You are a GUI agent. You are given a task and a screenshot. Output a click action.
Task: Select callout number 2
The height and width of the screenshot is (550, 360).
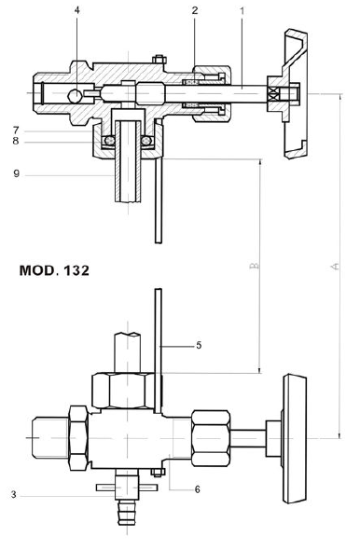[x=194, y=11]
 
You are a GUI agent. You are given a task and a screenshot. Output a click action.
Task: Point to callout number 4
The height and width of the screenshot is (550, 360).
[x=77, y=11]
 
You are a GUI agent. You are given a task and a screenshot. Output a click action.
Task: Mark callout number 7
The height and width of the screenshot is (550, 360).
[x=15, y=130]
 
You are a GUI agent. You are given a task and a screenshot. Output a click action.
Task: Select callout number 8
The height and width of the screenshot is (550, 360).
[x=15, y=142]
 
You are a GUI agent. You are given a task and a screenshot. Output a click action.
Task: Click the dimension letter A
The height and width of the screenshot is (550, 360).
[x=333, y=266]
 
